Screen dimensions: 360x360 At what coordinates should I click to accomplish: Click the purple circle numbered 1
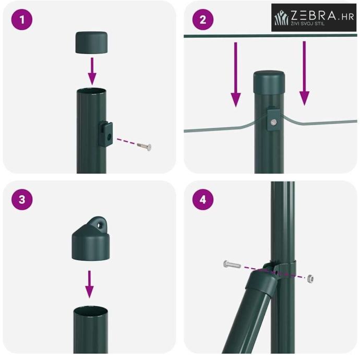pos(22,19)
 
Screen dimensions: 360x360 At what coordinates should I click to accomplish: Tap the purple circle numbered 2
pos(203,19)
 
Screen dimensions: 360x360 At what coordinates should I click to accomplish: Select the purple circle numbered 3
pos(22,199)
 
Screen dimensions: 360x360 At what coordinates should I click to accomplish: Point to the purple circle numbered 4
pos(203,199)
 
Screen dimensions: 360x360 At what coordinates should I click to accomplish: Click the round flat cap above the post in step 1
pos(91,43)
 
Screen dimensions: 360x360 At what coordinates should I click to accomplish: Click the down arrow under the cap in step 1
pos(92,71)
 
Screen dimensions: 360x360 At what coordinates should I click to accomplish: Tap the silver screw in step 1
pos(145,146)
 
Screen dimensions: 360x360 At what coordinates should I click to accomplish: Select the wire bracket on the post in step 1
pos(105,134)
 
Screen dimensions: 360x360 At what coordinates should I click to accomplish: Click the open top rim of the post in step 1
pos(91,91)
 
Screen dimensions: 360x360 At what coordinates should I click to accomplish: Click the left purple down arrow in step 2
pos(235,75)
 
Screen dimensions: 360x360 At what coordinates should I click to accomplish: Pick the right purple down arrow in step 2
pos(304,73)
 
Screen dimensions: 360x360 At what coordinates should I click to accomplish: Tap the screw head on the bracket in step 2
pos(273,122)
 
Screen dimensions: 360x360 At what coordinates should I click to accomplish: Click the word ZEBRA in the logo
pos(314,15)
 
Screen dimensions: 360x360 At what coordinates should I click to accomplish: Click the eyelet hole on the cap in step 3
pos(100,225)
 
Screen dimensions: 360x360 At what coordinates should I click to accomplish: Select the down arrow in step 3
pos(89,284)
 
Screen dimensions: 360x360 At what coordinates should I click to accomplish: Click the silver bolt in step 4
pos(232,265)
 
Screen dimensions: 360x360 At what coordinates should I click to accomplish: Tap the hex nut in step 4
pos(310,279)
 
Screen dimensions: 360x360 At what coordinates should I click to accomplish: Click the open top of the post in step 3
pos(90,309)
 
